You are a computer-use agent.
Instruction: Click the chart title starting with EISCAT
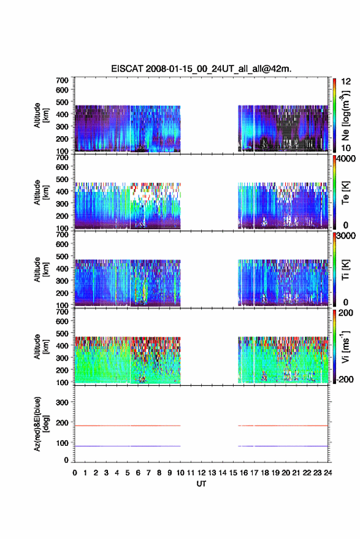(x=201, y=69)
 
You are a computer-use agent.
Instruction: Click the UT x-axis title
(x=201, y=484)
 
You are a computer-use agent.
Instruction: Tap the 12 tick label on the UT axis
(x=202, y=473)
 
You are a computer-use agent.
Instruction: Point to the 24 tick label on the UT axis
(x=327, y=473)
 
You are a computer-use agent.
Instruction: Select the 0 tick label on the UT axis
(x=75, y=473)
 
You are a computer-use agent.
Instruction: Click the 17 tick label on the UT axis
(x=254, y=473)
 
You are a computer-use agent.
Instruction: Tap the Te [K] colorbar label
(x=345, y=193)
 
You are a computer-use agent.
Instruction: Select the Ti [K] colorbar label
(x=345, y=270)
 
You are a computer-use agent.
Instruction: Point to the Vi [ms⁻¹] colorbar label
(x=345, y=347)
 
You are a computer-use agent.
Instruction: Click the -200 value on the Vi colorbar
(x=344, y=379)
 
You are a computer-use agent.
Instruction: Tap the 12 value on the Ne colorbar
(x=347, y=82)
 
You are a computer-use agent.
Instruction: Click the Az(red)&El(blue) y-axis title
(x=41, y=424)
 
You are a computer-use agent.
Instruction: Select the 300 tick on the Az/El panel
(x=62, y=402)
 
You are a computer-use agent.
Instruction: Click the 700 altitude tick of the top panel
(x=62, y=80)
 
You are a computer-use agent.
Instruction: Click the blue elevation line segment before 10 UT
(x=128, y=446)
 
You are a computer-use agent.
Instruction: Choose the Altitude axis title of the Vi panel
(x=41, y=347)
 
